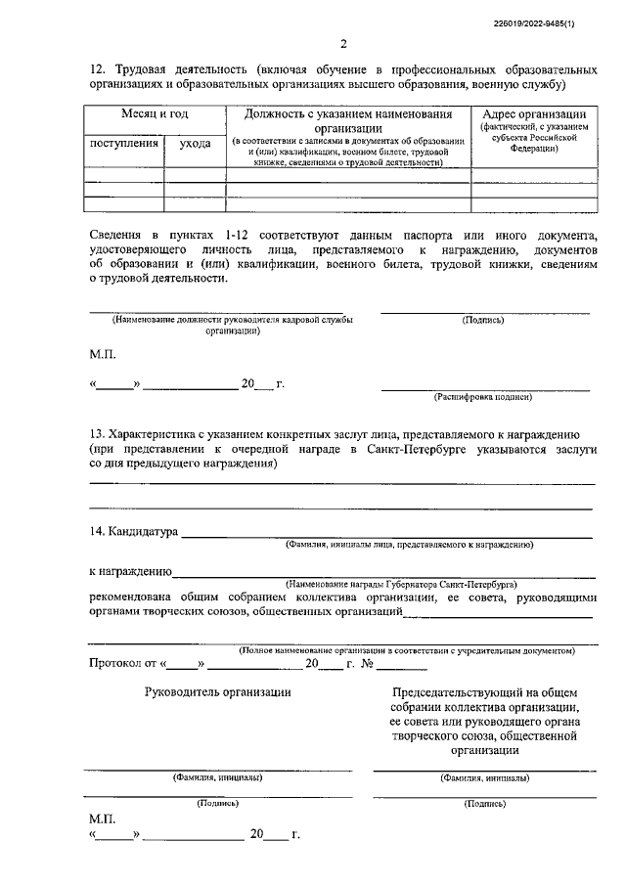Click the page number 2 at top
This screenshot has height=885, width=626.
point(343,43)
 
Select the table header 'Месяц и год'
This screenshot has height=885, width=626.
point(155,114)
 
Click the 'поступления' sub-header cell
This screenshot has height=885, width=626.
point(124,143)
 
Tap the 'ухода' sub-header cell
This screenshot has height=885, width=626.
point(195,143)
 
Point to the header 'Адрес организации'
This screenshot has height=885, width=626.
point(534,114)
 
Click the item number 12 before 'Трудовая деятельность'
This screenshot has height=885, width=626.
point(96,71)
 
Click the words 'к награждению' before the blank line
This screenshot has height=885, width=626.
point(130,571)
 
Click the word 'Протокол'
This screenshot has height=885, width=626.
point(114,664)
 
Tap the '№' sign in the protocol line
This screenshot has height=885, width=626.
point(369,664)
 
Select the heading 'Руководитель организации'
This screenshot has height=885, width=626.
point(217,691)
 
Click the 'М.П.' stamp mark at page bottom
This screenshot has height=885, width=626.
point(103,818)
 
